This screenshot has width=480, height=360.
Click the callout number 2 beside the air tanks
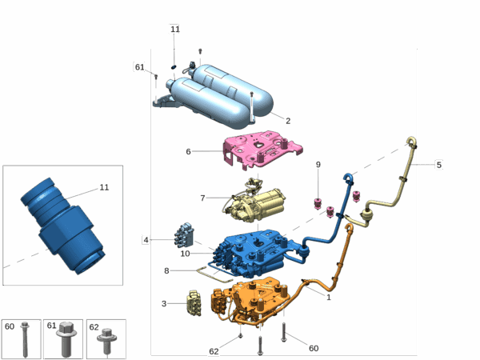point(288,121)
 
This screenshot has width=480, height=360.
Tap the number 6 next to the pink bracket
point(188,151)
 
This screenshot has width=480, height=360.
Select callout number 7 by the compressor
point(202,198)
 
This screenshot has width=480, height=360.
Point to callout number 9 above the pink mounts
point(318,164)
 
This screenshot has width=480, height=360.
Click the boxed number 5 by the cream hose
point(438,165)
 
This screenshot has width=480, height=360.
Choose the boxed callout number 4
point(146,240)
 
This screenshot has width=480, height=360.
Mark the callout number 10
point(185,254)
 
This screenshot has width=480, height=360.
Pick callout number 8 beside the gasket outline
point(166,270)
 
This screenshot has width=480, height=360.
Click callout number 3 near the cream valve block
point(164,304)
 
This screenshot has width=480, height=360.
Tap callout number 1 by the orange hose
point(329,297)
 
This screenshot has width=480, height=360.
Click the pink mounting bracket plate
point(262,150)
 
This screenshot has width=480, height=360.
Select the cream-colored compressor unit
point(256,203)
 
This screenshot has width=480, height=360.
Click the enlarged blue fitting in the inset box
point(63,226)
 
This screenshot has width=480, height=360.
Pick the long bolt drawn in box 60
point(25,339)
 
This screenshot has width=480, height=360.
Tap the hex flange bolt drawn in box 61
point(66,339)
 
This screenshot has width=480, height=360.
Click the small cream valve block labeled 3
point(194,303)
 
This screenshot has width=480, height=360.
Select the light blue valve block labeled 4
point(184,235)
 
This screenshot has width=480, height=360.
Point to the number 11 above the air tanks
point(174,29)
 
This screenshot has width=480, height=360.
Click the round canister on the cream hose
point(368,215)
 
